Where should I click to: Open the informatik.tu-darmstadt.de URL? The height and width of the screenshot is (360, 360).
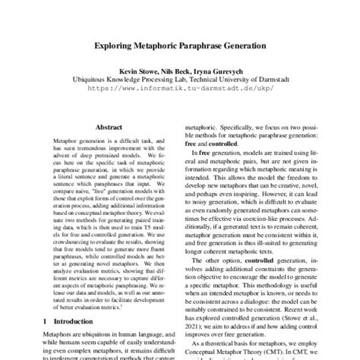pyautogui.click(x=179, y=87)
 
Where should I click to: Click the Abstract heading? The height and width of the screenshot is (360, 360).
pyautogui.click(x=110, y=130)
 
